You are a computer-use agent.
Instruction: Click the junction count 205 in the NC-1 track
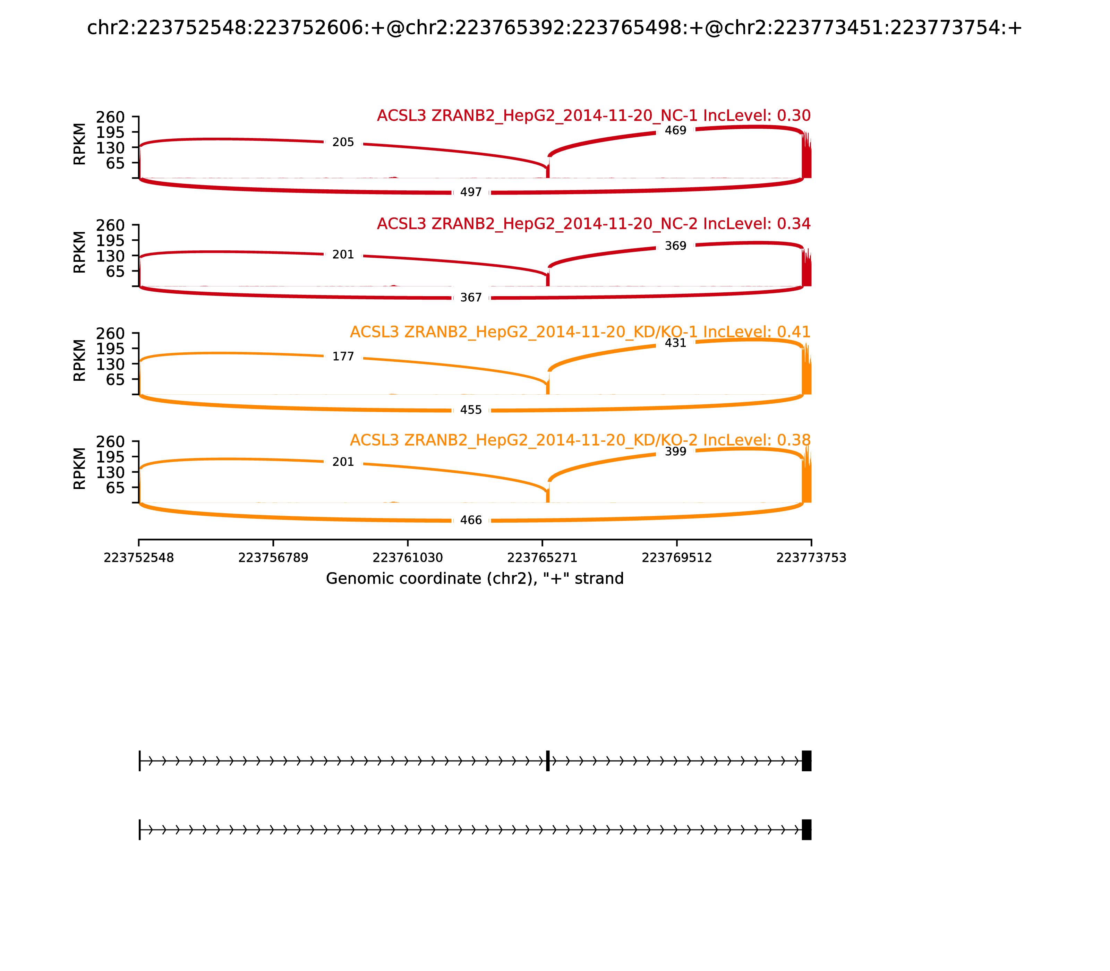(343, 143)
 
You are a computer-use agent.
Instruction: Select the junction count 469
(675, 131)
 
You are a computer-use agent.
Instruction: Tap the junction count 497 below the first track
(470, 192)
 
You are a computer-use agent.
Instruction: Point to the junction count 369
(675, 246)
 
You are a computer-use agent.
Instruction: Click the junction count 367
(470, 298)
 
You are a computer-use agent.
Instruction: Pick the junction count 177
(343, 356)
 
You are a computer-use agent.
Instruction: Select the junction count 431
(675, 343)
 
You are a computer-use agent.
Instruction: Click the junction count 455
(470, 410)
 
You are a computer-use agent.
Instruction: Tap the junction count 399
(675, 452)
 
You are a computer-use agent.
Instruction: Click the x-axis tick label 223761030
(408, 558)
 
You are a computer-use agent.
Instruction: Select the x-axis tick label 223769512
(676, 558)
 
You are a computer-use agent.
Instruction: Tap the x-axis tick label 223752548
(139, 558)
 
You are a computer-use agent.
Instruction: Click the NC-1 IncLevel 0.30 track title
(594, 115)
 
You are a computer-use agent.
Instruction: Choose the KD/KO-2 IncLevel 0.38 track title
(580, 440)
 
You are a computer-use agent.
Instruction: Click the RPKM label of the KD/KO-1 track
(79, 360)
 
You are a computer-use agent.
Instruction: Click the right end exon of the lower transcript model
(806, 830)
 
